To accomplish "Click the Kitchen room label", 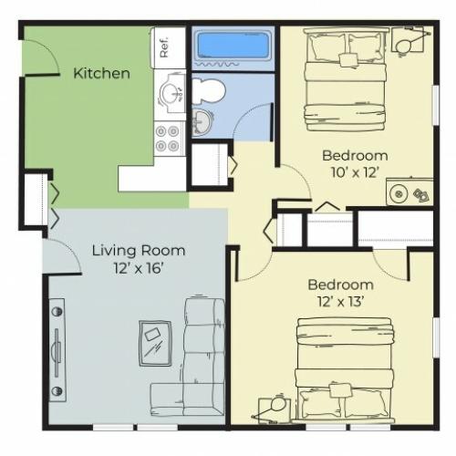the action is coord(101,74).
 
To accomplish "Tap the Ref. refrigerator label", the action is coord(164,47).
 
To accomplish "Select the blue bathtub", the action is coord(233,48).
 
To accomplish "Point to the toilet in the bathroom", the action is coord(209,89).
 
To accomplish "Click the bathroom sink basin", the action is coord(201,122).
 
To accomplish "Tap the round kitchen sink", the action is coord(170,91).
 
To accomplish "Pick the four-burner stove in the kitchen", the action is coord(167,139).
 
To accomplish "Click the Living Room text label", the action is coord(139,251).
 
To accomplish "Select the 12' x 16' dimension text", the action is coord(139,268).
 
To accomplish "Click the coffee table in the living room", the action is coord(155,344).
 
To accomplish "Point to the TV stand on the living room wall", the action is coord(57,350).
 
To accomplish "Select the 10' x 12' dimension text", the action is coord(355,173).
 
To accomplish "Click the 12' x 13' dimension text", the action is coord(341,302).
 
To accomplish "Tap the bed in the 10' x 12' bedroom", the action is coord(346,79).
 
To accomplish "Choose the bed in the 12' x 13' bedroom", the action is coord(345,370).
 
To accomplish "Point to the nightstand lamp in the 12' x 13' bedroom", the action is coord(273,409).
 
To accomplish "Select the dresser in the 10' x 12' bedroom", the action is coord(409,192).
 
